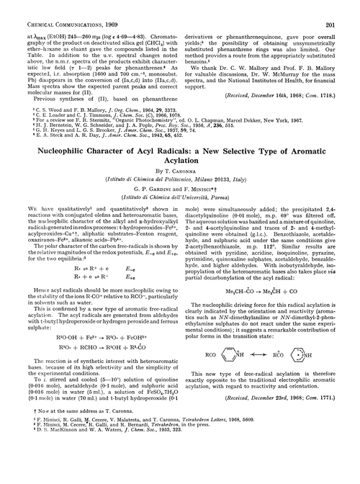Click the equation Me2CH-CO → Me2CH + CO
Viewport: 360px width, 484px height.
(271, 310)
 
